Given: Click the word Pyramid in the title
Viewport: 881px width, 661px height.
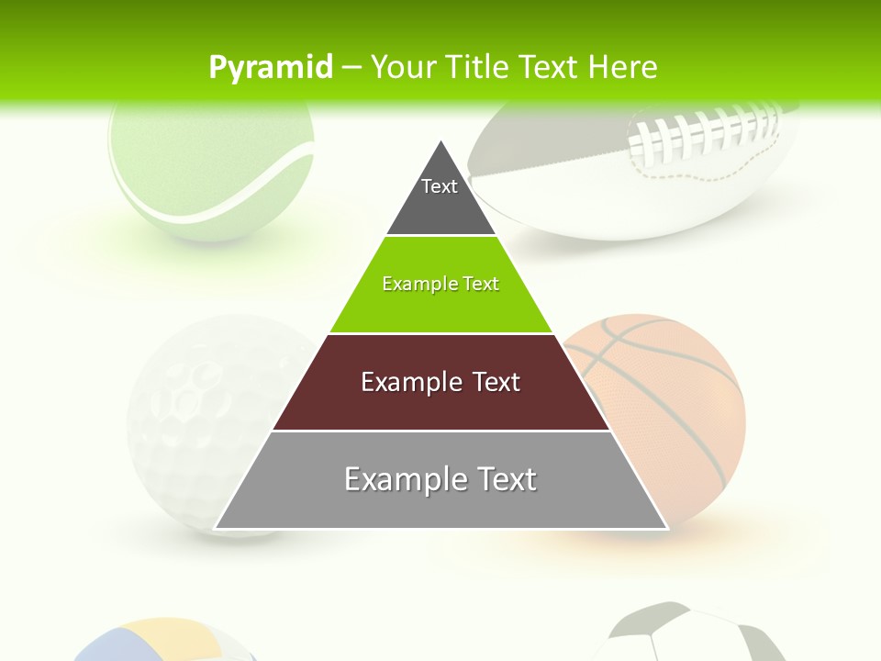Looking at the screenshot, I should (x=271, y=67).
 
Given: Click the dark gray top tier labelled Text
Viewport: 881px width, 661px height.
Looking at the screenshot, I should (x=440, y=197).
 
